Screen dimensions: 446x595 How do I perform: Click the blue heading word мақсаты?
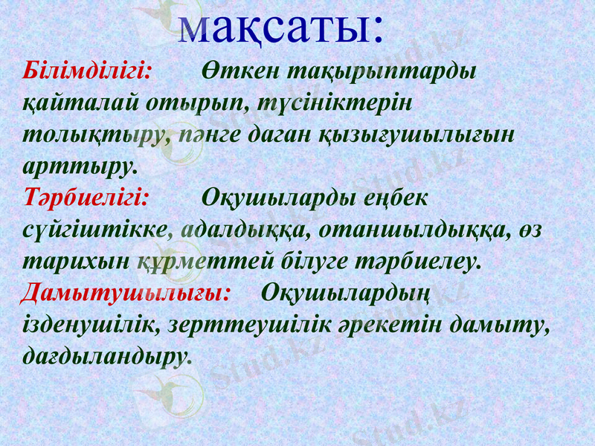[282, 24]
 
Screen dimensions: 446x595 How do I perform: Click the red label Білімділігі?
[88, 71]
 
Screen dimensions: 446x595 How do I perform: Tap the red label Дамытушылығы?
[125, 291]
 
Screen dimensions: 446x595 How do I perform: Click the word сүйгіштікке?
[93, 230]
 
